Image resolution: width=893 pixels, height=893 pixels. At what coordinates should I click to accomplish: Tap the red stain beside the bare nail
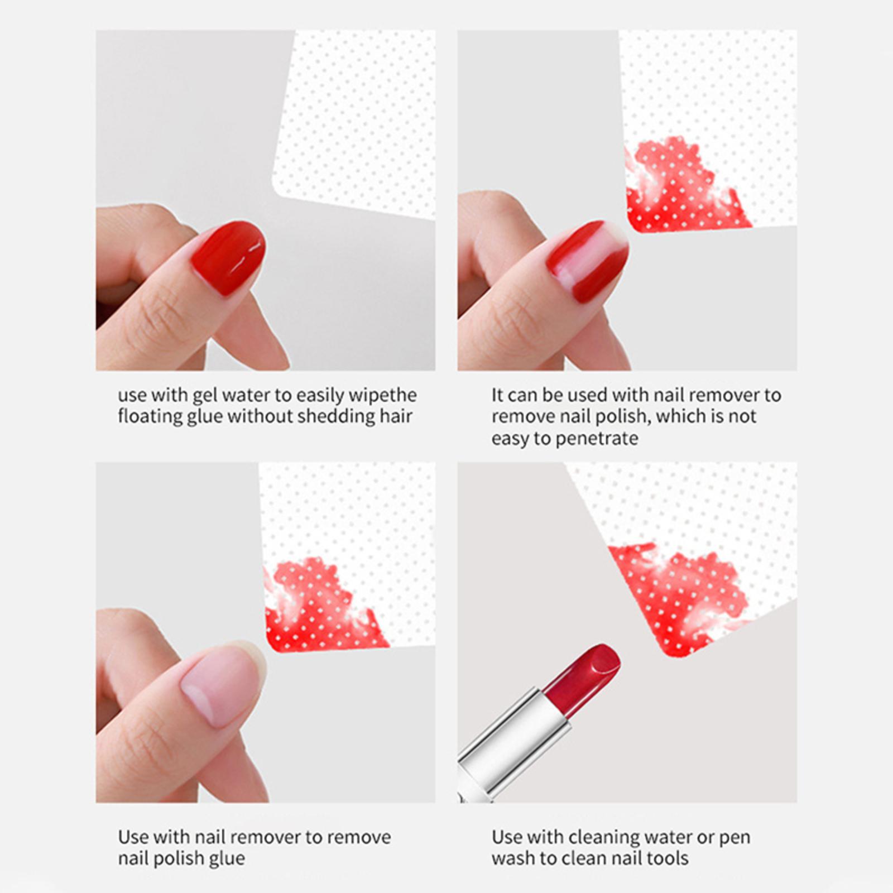(324, 605)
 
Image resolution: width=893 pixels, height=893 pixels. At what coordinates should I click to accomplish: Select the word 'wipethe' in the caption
(383, 396)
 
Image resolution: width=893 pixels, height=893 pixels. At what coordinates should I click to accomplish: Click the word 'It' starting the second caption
(498, 395)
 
